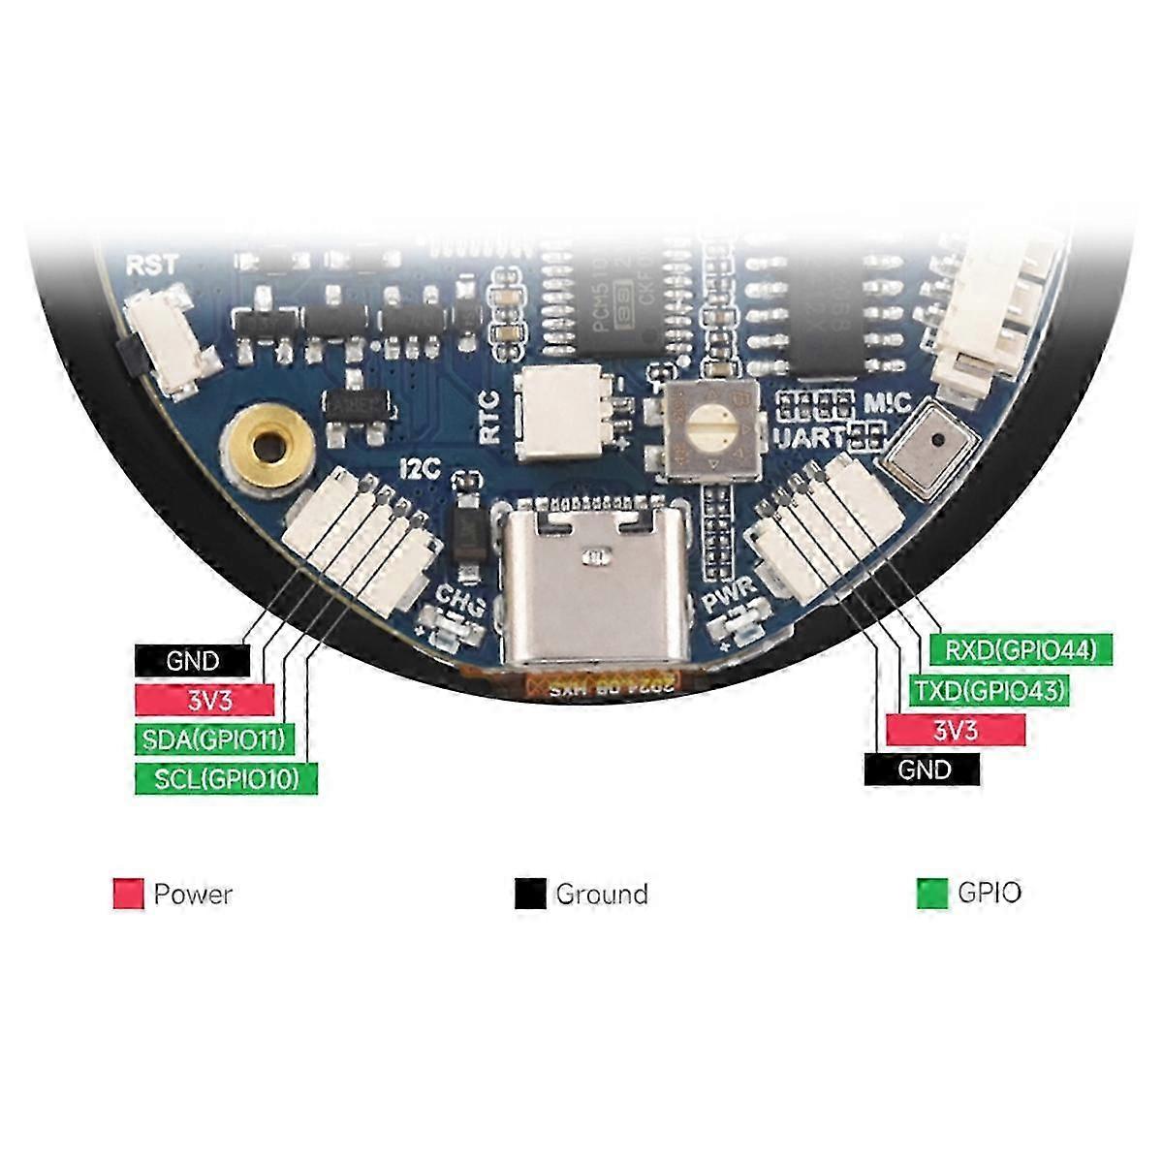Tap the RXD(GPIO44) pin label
[x=1022, y=650]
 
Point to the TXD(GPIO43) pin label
[x=990, y=690]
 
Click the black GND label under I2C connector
[x=193, y=661]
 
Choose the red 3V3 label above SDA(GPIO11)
[x=204, y=700]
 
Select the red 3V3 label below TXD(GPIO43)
[x=955, y=730]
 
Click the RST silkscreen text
[x=152, y=265]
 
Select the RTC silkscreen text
[x=489, y=415]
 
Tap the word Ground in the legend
[x=601, y=894]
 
